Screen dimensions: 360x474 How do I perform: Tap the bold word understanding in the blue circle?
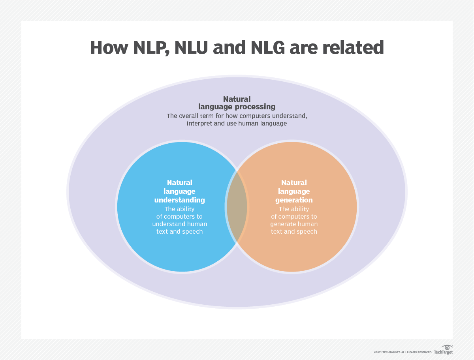coord(180,200)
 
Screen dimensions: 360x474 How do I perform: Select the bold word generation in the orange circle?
coord(294,200)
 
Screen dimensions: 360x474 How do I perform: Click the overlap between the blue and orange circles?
coord(237,207)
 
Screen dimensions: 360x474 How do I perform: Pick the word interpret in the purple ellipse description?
coord(200,123)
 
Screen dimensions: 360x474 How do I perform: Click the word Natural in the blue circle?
coord(180,183)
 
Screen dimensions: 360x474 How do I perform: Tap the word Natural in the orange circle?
coord(294,183)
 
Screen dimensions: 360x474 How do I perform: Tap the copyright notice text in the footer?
coord(403,352)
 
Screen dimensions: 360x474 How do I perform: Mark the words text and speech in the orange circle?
coord(294,231)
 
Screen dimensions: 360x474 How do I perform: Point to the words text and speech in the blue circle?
coord(180,231)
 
